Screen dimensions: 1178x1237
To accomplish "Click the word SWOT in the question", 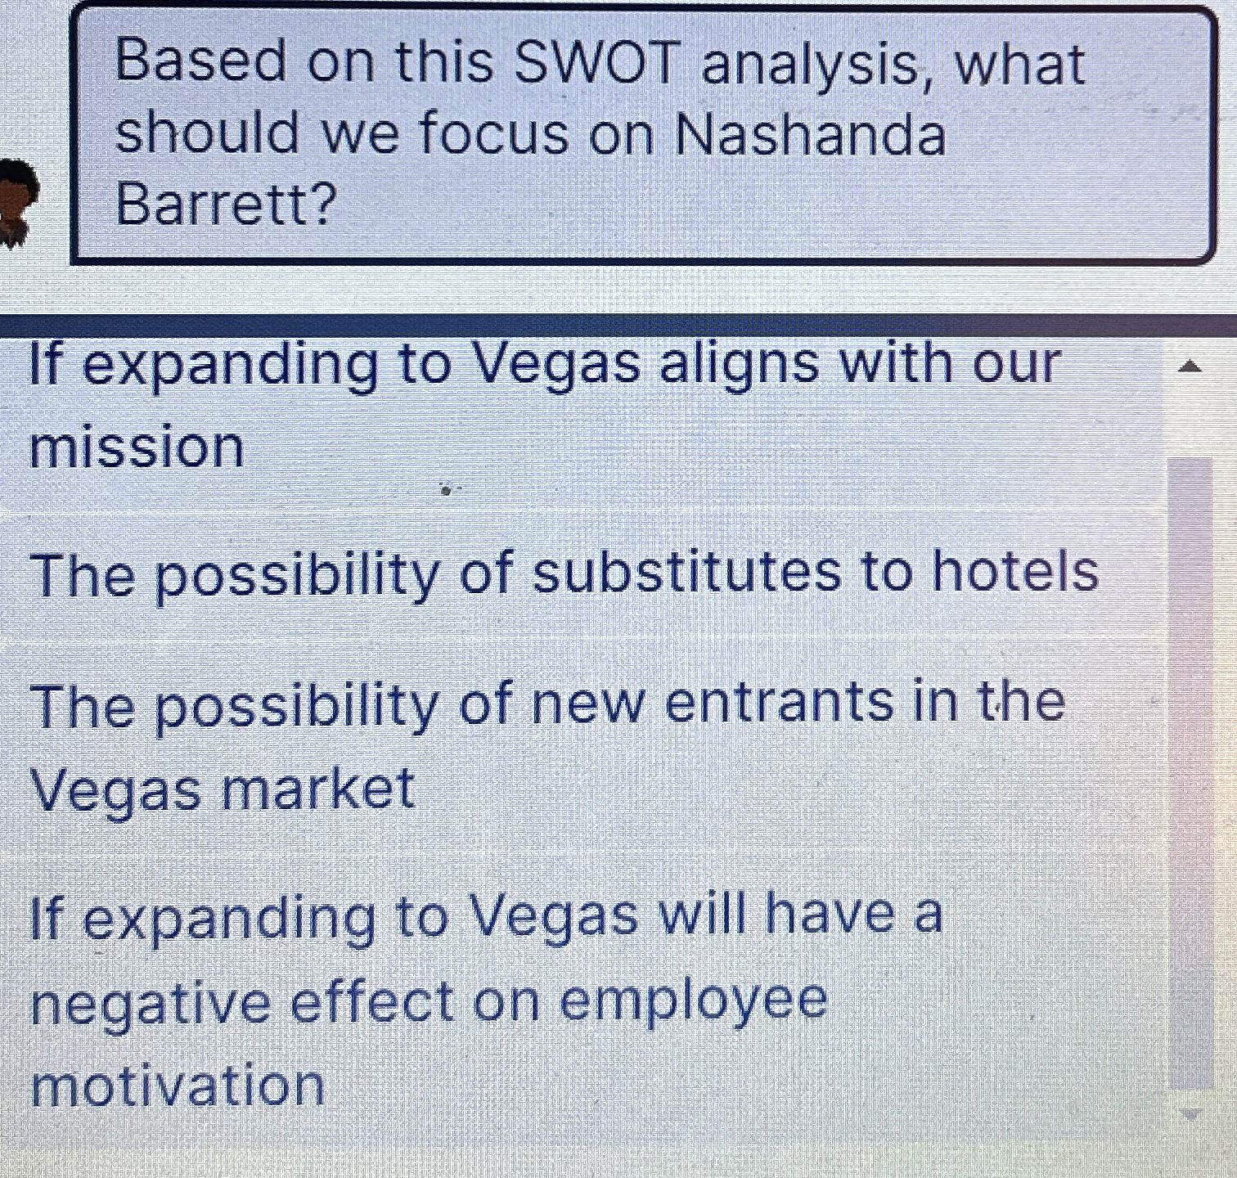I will tap(597, 63).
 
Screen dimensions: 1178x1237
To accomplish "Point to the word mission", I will tap(137, 447).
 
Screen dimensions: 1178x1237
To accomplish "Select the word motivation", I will tap(178, 1086).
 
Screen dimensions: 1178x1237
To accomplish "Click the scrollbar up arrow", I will tap(1190, 367).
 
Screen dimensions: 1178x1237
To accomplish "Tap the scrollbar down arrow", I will tap(1190, 1113).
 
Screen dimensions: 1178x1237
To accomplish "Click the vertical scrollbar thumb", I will tap(1190, 773).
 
